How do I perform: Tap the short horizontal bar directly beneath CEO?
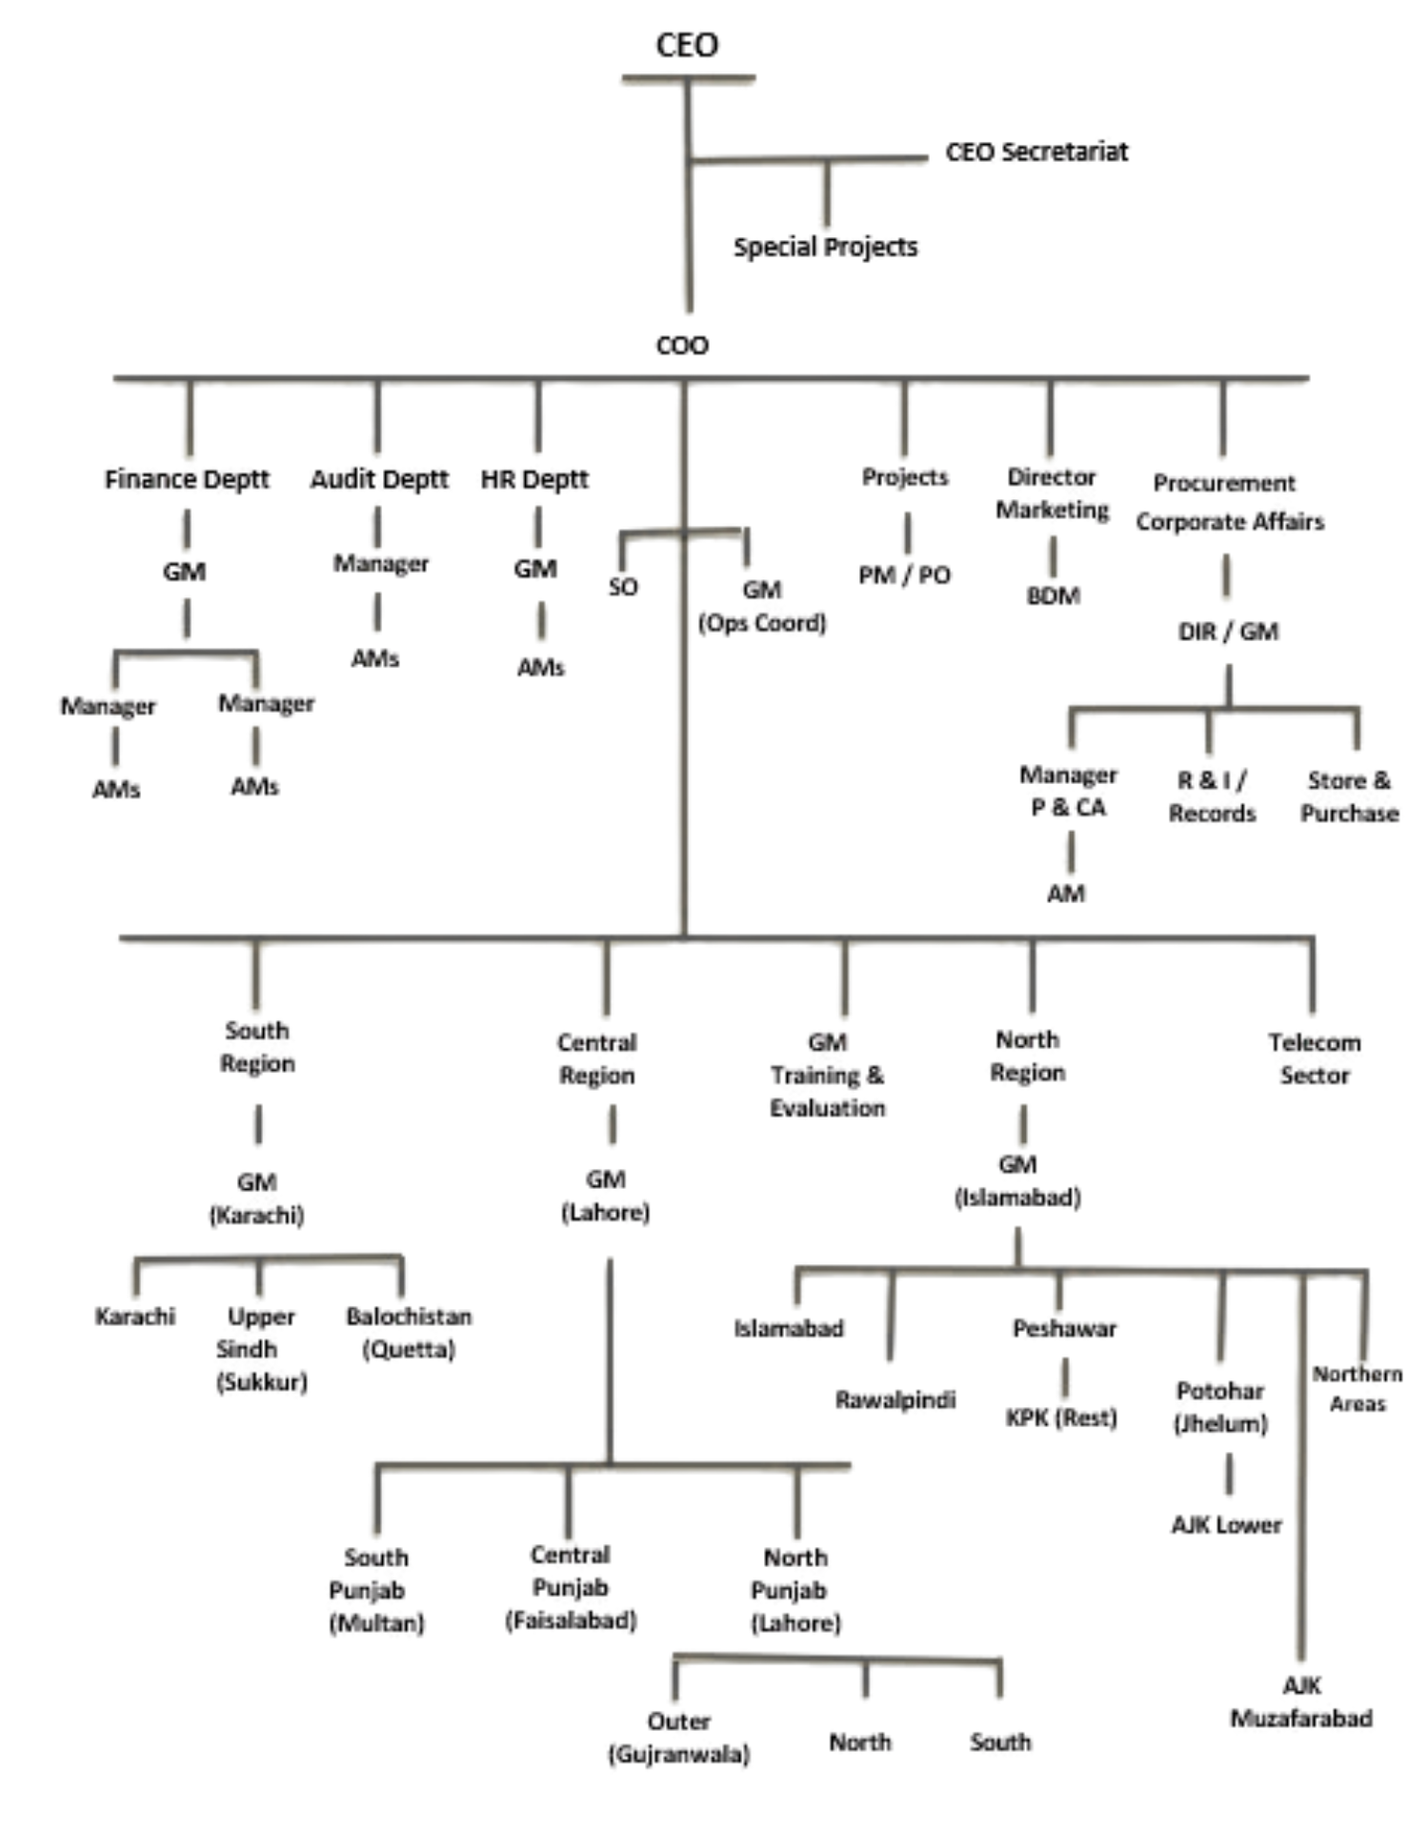pos(688,80)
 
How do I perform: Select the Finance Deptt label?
pos(187,478)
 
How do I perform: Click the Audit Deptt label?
pos(380,478)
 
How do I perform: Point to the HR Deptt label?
pos(532,478)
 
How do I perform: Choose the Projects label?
pos(905,476)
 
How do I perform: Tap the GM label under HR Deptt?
pos(536,569)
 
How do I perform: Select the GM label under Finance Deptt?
pos(186,572)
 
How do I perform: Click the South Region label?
pos(257,1046)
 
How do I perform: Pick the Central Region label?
pos(597,1058)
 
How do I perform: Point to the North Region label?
pos(1025,1057)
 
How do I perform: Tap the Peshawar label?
pos(1063,1327)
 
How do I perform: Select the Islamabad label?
pos(791,1327)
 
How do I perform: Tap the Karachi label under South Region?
pos(135,1317)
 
